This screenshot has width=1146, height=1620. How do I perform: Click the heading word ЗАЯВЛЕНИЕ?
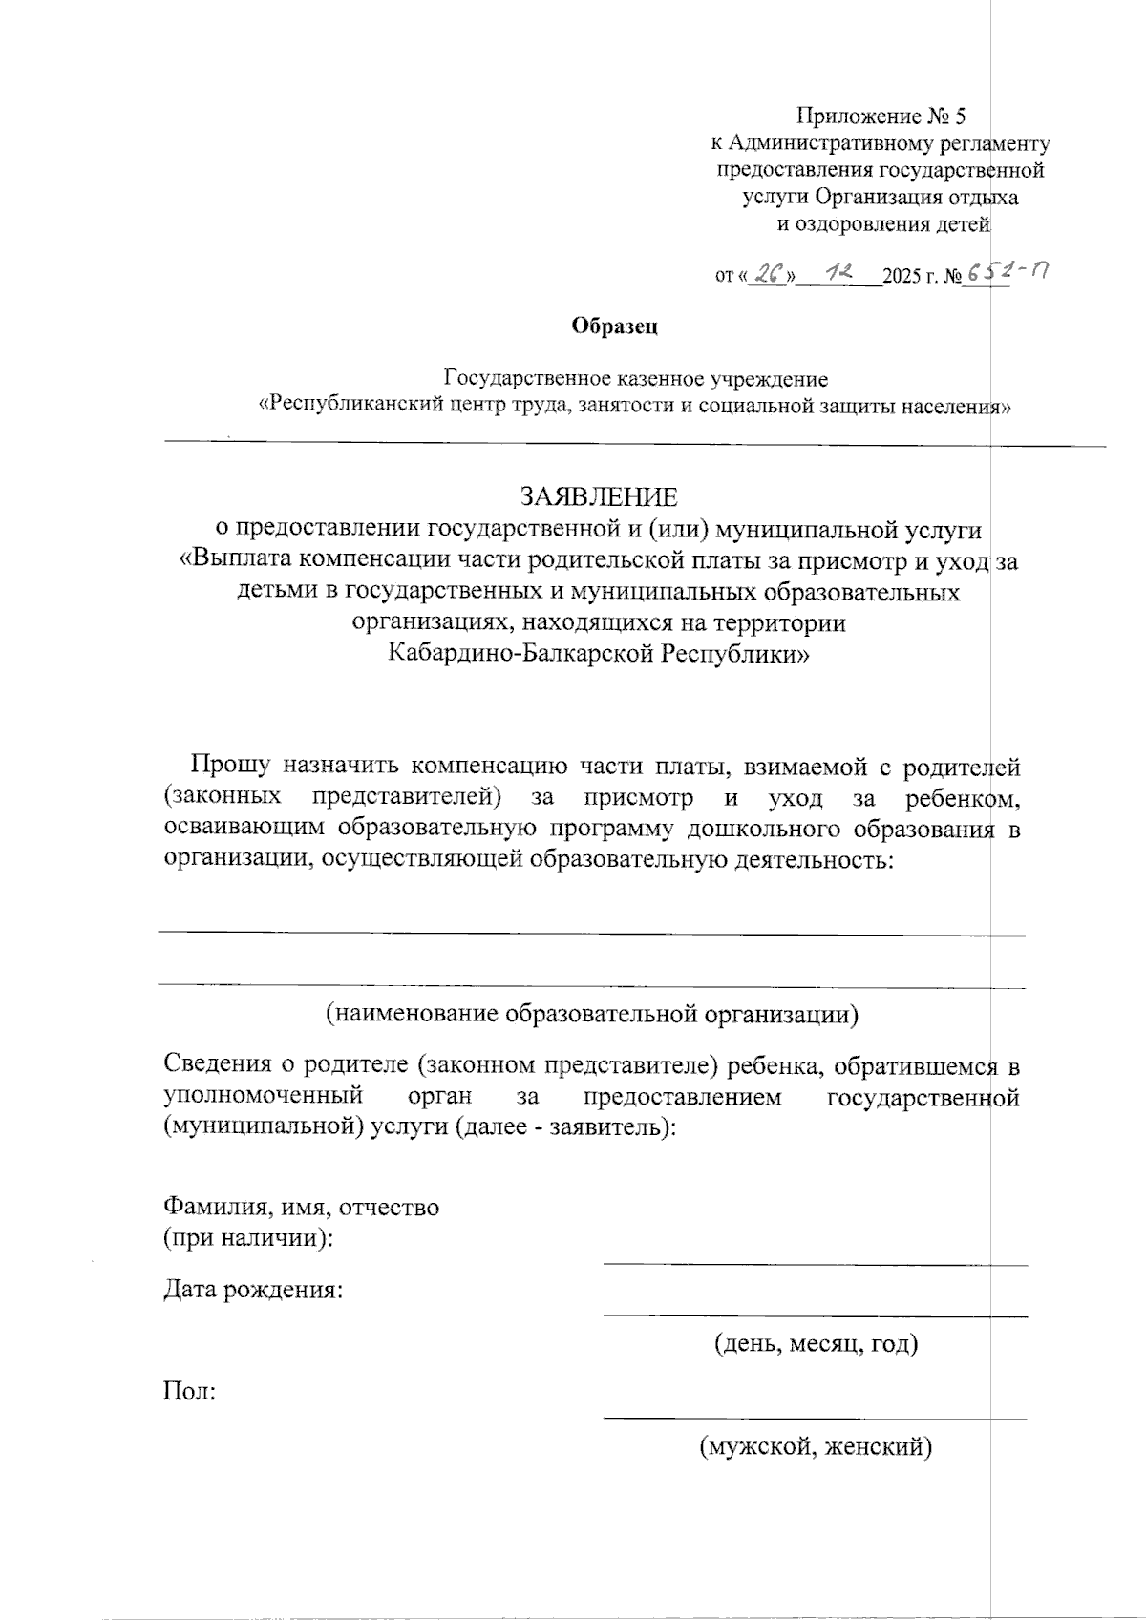(x=599, y=497)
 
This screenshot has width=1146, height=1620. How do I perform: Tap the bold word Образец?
(x=615, y=326)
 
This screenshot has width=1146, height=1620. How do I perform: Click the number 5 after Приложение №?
(x=960, y=116)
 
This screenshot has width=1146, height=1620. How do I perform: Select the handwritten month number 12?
(x=841, y=273)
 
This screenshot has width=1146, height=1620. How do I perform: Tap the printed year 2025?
(x=901, y=277)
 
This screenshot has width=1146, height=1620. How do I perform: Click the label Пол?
(x=190, y=1391)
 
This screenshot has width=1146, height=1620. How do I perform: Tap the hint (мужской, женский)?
(x=816, y=1447)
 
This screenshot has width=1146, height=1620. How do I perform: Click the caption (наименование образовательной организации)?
(x=592, y=1013)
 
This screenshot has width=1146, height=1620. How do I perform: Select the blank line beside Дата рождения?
(x=815, y=1315)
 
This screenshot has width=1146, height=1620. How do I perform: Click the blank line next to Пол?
(x=815, y=1419)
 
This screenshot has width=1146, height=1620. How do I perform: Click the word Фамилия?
(x=211, y=1207)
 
